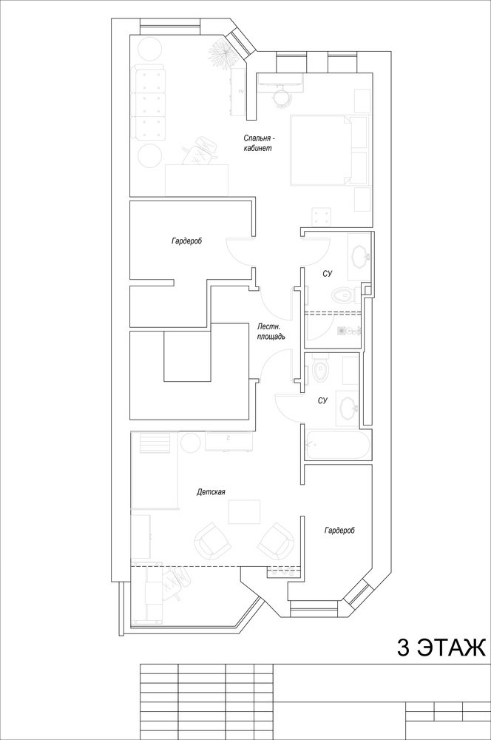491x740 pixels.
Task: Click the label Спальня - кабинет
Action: pos(259,143)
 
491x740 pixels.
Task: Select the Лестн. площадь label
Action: pos(271,332)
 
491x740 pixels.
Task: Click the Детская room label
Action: pos(211,492)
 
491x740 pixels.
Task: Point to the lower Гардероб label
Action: pos(339,531)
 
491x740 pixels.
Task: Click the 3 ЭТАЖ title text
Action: pos(441,648)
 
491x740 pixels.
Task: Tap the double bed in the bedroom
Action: pos(321,149)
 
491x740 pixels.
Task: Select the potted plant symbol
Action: pos(221,55)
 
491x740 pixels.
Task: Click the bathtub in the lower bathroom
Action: pos(336,444)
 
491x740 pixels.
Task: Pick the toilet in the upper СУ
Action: pos(342,296)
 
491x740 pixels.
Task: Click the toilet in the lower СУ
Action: pos(319,371)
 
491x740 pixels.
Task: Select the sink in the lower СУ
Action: pos(348,408)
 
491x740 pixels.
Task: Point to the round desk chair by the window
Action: pos(282,97)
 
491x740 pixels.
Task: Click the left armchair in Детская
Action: pos(212,541)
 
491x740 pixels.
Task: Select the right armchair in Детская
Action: pos(277,541)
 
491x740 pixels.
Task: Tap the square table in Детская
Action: pos(244,511)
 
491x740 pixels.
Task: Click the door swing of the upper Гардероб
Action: pos(240,251)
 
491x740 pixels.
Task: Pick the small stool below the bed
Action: pos(322,217)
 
